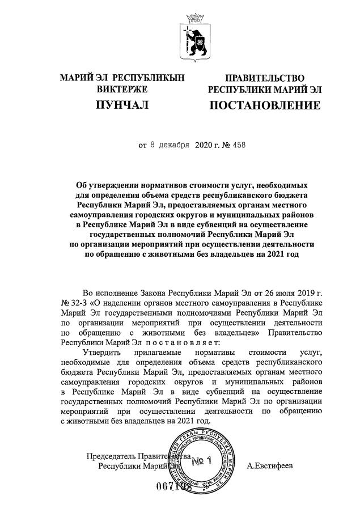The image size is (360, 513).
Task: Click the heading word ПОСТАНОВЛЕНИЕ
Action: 265,105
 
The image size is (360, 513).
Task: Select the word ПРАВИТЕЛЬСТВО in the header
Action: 265,78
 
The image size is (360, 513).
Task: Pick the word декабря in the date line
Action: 173,145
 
